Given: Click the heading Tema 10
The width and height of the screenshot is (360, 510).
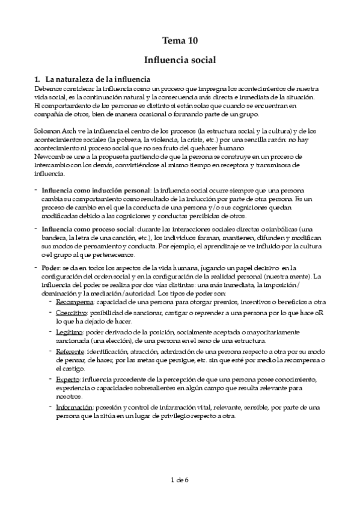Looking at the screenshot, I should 180,41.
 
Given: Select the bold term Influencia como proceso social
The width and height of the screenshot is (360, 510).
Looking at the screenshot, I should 89,229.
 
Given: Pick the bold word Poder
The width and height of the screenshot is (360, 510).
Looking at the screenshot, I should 50,268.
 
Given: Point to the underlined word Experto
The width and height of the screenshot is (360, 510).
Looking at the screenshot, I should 68,380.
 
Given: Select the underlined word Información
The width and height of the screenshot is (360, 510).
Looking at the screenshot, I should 74,407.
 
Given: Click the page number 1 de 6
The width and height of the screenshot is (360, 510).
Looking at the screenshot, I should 180,479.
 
